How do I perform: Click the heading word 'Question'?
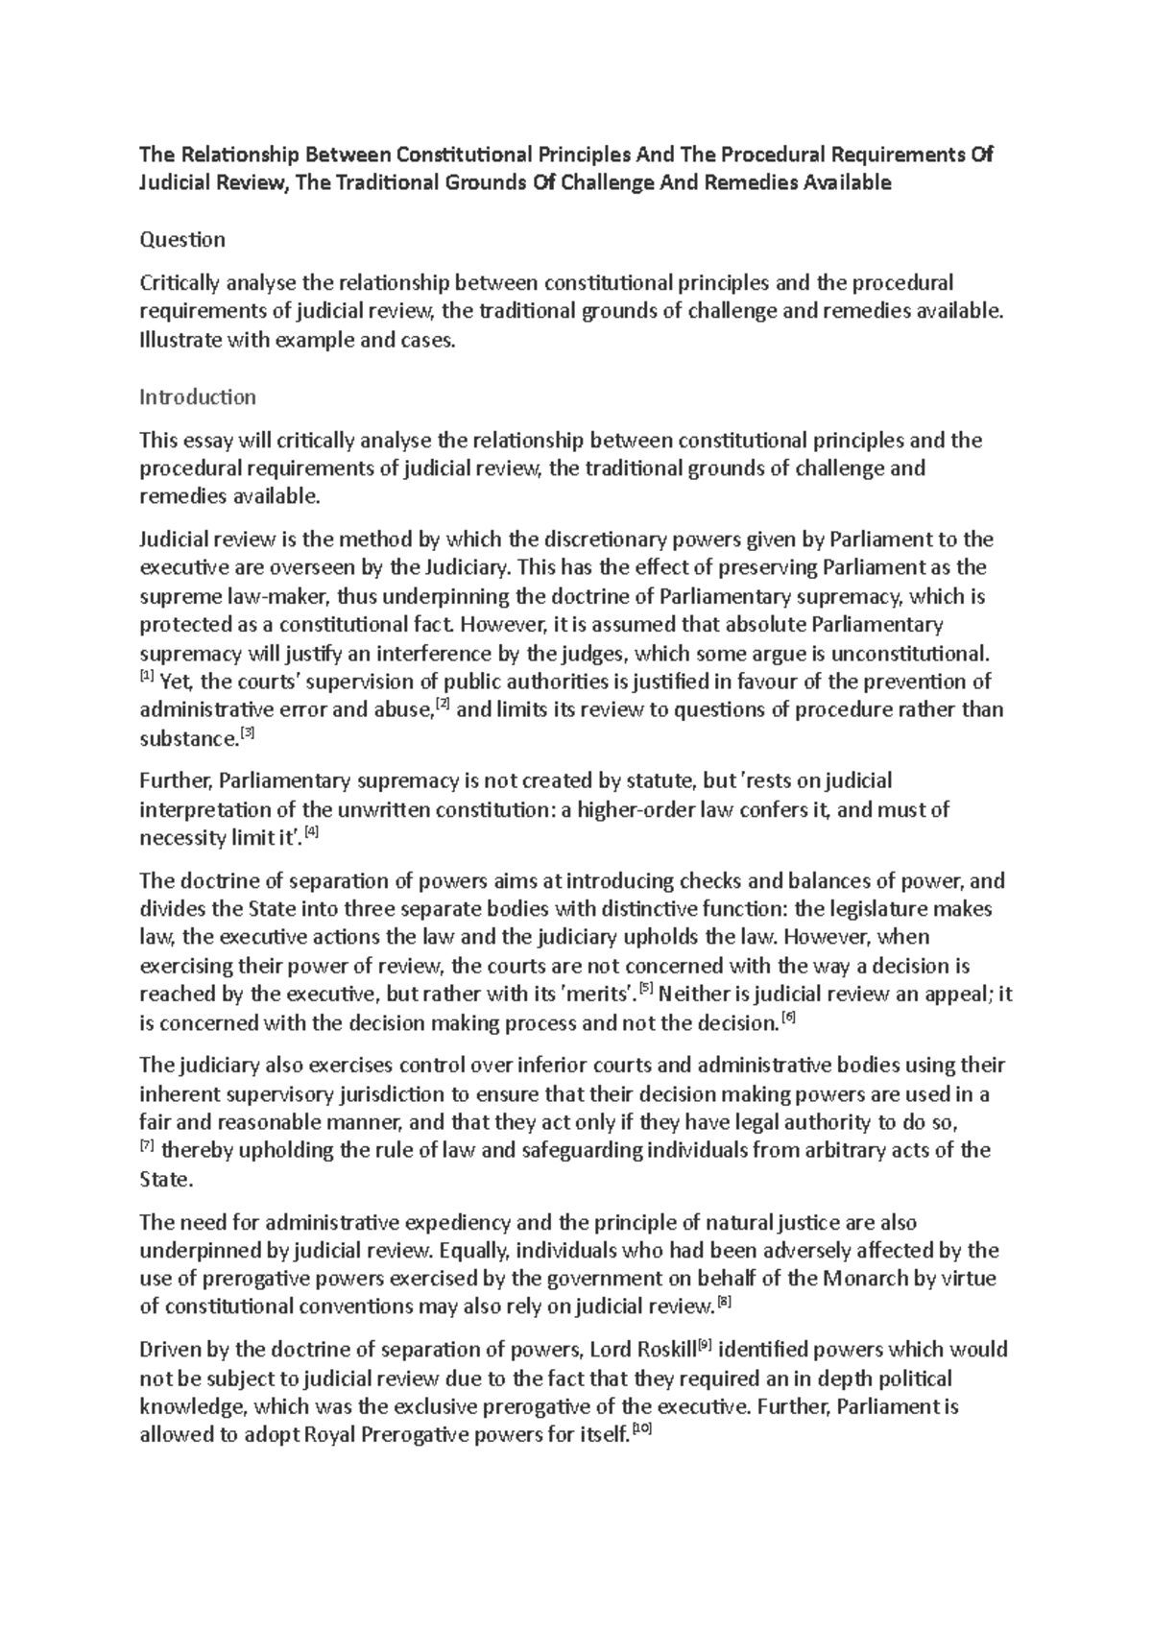[182, 239]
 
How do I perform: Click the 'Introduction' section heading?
[197, 396]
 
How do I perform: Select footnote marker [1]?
[146, 677]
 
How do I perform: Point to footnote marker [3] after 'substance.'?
[248, 733]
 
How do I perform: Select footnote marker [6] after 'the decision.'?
[789, 1018]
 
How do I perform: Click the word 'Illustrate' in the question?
[180, 339]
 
